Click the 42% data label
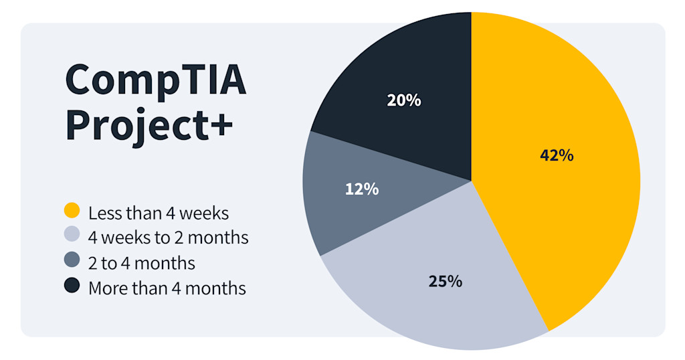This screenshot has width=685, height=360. click(x=557, y=155)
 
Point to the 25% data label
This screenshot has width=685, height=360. click(x=446, y=281)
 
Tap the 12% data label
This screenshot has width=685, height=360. click(x=362, y=189)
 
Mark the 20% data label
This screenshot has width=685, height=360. click(x=404, y=100)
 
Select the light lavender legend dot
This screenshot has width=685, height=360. click(x=72, y=236)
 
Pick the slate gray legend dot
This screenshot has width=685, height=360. click(x=72, y=261)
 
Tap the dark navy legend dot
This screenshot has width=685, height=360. click(x=72, y=286)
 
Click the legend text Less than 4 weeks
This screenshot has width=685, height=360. click(x=159, y=213)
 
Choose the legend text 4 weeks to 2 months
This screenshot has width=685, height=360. click(x=168, y=238)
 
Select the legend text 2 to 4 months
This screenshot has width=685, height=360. click(x=142, y=263)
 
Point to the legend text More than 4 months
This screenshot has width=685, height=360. click(x=167, y=288)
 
